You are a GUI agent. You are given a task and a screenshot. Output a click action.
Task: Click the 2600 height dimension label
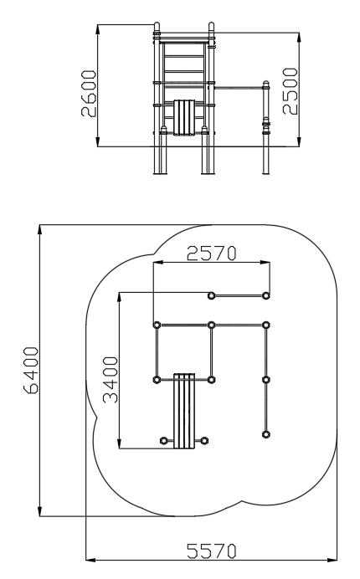point(89,94)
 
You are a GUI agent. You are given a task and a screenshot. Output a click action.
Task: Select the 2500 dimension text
point(291,91)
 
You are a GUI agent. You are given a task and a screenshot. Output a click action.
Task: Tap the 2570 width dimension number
point(211,254)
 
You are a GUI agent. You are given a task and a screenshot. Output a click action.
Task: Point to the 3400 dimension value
point(111,379)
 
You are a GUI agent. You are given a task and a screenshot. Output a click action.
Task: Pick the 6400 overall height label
point(31,371)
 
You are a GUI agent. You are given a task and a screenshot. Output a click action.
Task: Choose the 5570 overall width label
point(211,551)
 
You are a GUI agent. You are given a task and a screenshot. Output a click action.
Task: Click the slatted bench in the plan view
point(184,411)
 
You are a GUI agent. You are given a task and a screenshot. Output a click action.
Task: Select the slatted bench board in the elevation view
point(184,117)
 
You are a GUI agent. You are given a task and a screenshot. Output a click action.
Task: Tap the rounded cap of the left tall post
point(157,27)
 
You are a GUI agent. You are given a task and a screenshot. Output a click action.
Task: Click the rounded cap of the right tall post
point(211,27)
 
